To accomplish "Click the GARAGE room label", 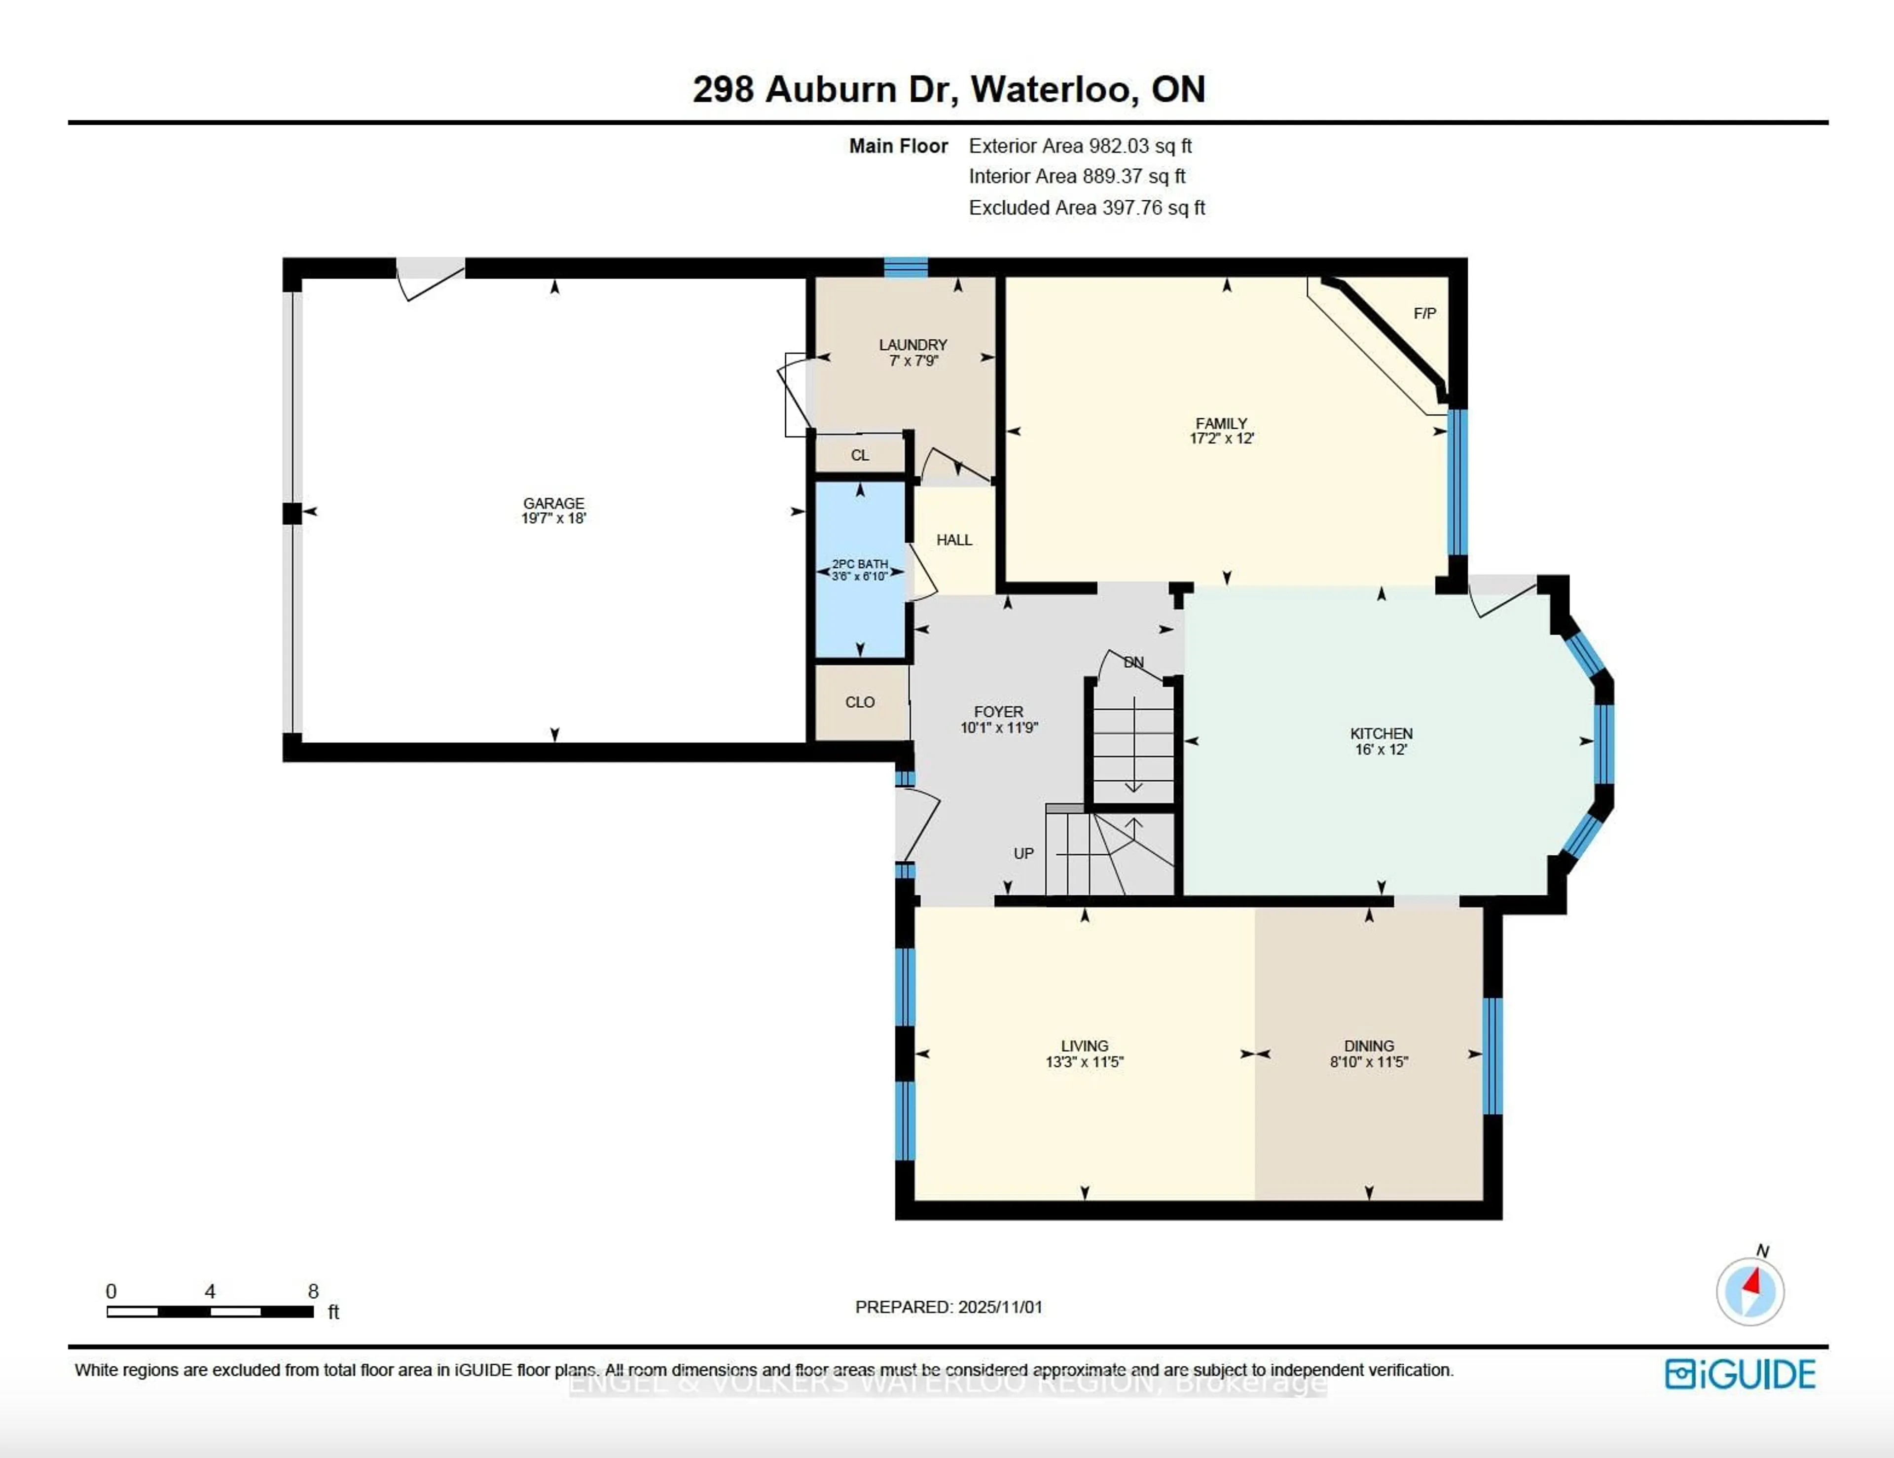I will click(x=553, y=503).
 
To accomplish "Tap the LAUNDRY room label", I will click(x=912, y=344).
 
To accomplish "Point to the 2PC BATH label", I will click(x=859, y=564).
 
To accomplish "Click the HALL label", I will click(x=954, y=540).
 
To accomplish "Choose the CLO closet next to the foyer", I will click(x=859, y=702).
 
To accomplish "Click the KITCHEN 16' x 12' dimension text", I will click(x=1381, y=749).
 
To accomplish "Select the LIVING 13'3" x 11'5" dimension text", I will click(x=1084, y=1061).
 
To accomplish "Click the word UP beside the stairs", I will click(x=1023, y=853).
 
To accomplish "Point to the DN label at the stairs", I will click(x=1133, y=662).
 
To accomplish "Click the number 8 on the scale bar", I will click(x=313, y=1291).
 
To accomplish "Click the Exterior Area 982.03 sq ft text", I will click(x=1080, y=146).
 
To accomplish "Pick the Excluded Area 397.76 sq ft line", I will click(x=1087, y=207).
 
